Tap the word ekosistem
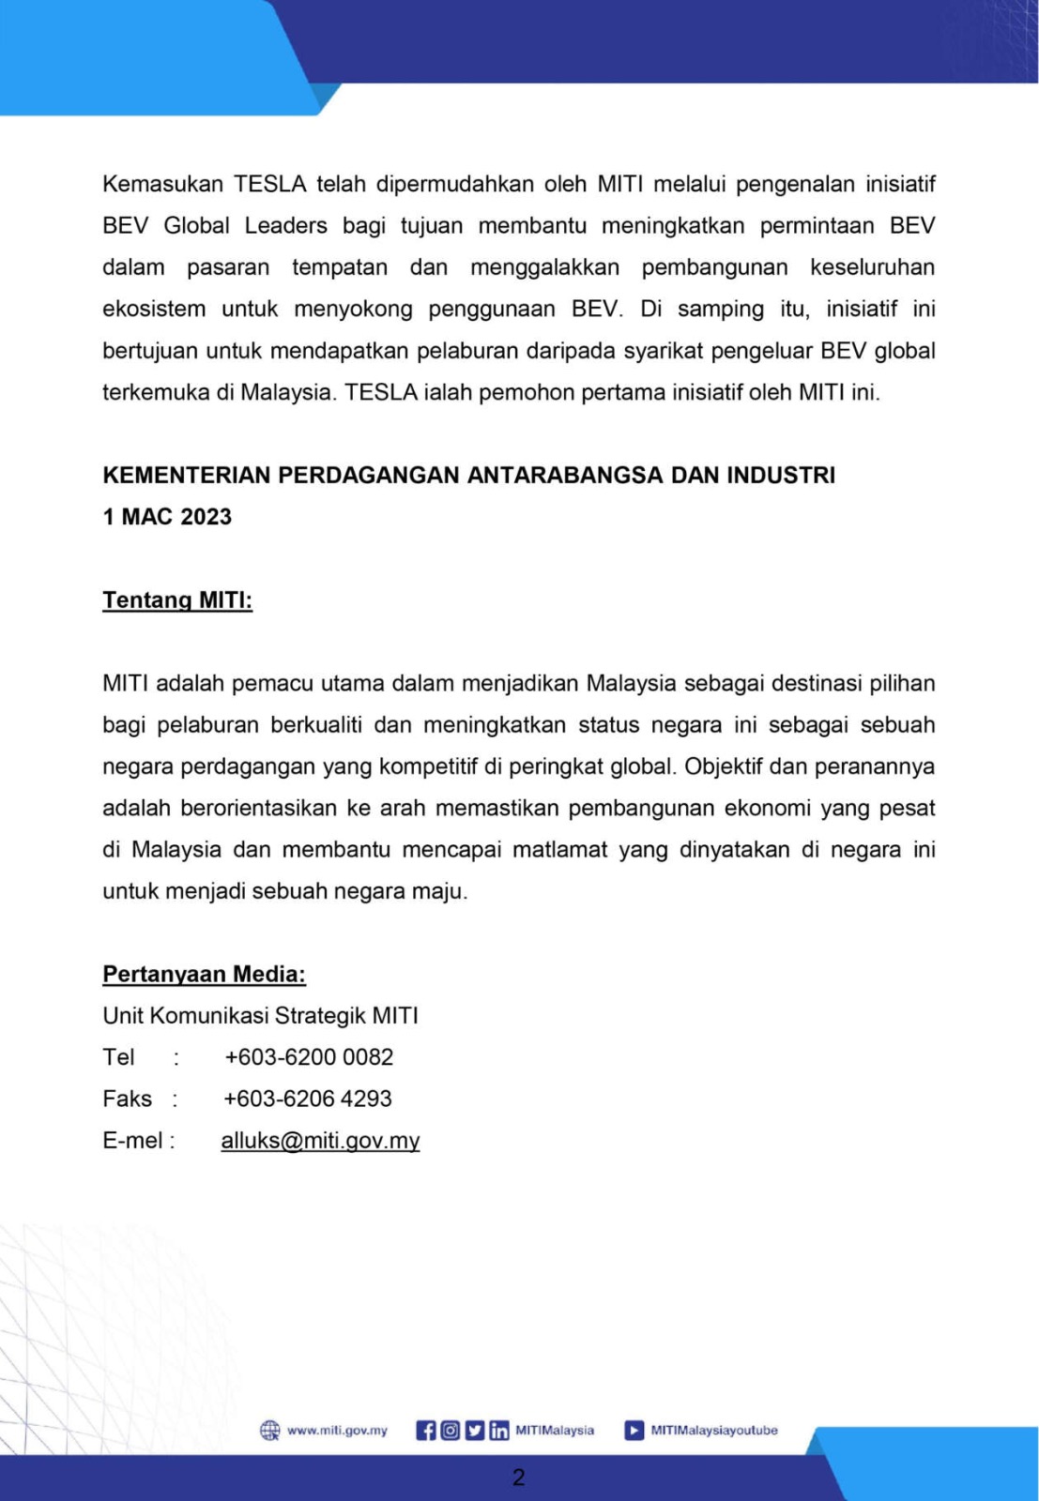click(154, 309)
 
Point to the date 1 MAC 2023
click(167, 517)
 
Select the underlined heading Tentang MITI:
click(177, 600)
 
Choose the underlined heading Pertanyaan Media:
click(204, 975)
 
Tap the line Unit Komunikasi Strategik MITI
click(260, 1016)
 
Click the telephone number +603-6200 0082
click(309, 1057)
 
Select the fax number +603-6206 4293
click(308, 1099)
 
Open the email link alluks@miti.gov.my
click(320, 1141)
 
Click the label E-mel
click(132, 1141)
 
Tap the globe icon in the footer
click(269, 1431)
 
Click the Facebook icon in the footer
click(426, 1431)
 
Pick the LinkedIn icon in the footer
click(499, 1431)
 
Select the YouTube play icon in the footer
click(634, 1431)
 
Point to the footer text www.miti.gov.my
click(337, 1431)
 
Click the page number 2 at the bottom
click(518, 1478)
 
